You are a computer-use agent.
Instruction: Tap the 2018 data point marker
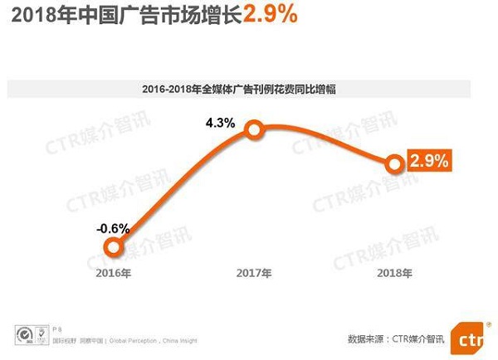[x=395, y=163]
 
